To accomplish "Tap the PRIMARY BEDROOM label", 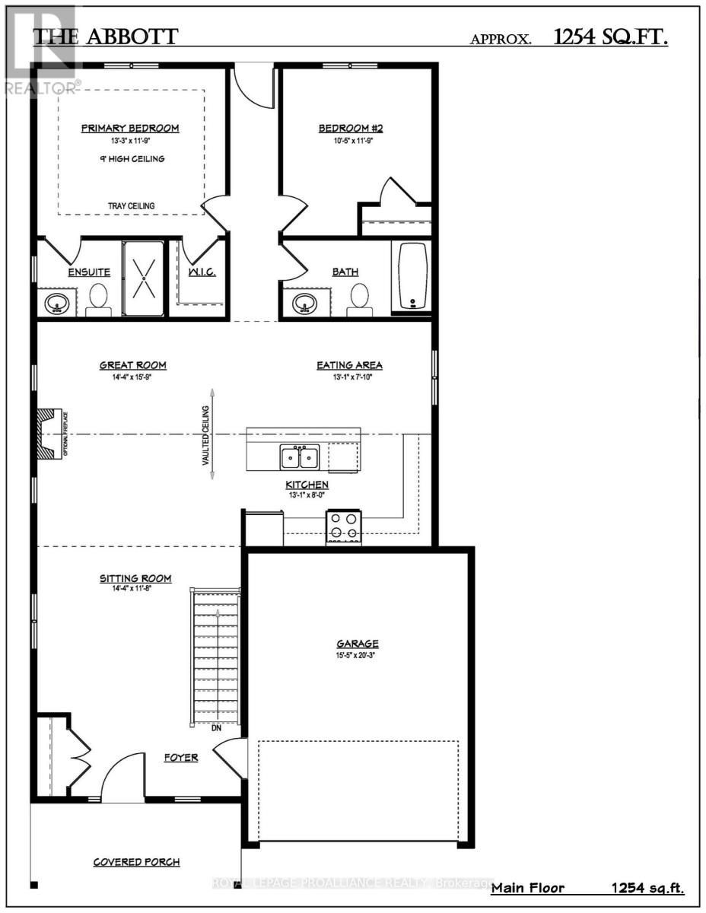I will (x=130, y=128).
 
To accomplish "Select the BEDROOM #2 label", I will (x=350, y=128).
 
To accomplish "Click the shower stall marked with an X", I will (x=143, y=278).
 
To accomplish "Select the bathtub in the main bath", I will (x=411, y=277).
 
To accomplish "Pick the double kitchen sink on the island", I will (x=300, y=457).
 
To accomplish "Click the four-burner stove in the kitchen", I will (x=344, y=526).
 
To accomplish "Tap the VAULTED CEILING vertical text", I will (x=205, y=435).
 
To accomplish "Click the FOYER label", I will (x=182, y=757).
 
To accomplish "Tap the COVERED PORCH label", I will (x=137, y=862).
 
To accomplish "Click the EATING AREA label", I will (x=349, y=365).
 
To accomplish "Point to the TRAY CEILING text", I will (x=131, y=205).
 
